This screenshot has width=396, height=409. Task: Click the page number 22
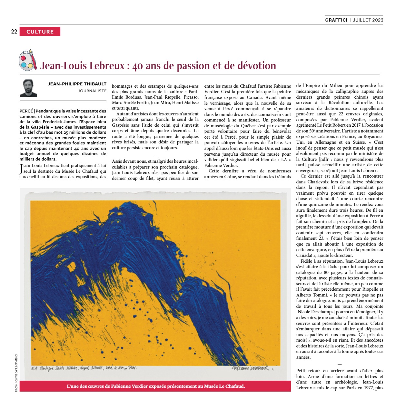[x=14, y=32]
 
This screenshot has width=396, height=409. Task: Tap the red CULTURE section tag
[x=40, y=32]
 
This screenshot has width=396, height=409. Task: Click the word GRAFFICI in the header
[x=336, y=20]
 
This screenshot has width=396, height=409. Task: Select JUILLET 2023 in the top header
[x=368, y=20]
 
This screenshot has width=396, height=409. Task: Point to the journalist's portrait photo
[x=28, y=88]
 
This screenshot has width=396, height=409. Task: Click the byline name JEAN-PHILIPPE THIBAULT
[x=77, y=84]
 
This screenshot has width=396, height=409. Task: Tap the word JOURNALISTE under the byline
[x=92, y=91]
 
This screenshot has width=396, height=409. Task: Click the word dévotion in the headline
[x=257, y=66]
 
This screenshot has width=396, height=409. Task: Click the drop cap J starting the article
[x=21, y=169]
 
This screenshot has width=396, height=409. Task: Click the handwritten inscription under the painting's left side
[x=84, y=368]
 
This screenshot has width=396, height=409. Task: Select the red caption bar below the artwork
[x=155, y=386]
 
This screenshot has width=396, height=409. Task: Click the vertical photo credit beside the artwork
[x=16, y=373]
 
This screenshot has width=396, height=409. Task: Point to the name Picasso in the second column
[x=191, y=97]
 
